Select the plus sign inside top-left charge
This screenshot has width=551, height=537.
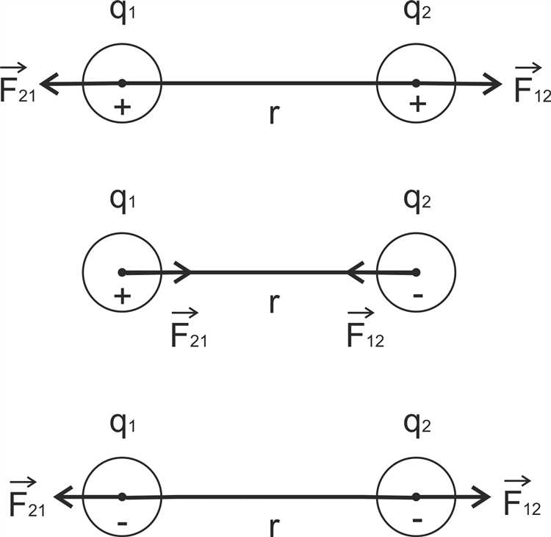[x=123, y=107]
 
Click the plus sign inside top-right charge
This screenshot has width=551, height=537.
[x=417, y=105]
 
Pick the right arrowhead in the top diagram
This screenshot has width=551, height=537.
[x=493, y=85]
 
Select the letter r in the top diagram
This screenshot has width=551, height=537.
[x=273, y=115]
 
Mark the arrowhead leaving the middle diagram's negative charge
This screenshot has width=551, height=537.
[x=354, y=273]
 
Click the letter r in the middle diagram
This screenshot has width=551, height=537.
[x=273, y=302]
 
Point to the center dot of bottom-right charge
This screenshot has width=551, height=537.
[x=416, y=497]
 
